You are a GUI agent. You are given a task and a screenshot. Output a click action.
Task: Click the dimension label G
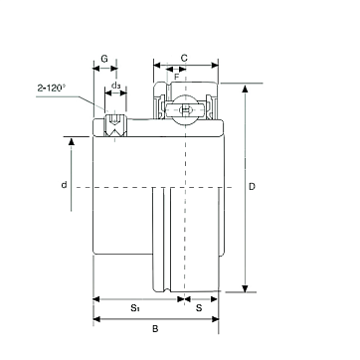pyautogui.click(x=104, y=59)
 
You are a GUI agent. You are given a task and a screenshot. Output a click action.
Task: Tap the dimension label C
pyautogui.click(x=184, y=58)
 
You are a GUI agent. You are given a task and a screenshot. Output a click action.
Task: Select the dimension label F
pyautogui.click(x=177, y=77)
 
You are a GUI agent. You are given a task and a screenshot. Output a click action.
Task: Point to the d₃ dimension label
pyautogui.click(x=115, y=86)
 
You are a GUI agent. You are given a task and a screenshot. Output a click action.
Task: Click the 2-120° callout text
pyautogui.click(x=52, y=88)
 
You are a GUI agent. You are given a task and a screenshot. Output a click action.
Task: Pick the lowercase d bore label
pyautogui.click(x=64, y=185)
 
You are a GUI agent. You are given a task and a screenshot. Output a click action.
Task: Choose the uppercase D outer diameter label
pyautogui.click(x=253, y=187)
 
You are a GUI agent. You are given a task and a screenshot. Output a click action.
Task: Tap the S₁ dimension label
pyautogui.click(x=134, y=308)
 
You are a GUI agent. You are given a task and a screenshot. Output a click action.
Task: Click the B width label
pyautogui.click(x=155, y=329)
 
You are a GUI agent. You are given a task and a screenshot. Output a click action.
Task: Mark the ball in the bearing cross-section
pyautogui.click(x=185, y=108)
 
